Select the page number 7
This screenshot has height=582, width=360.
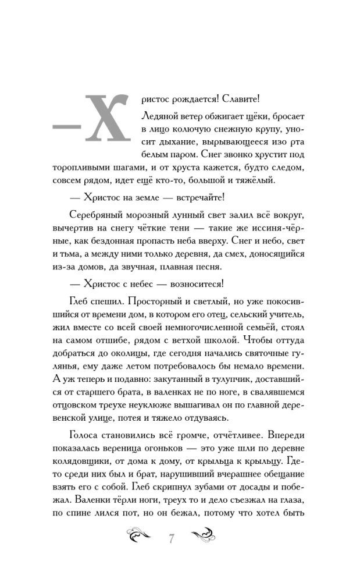tap(172, 538)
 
